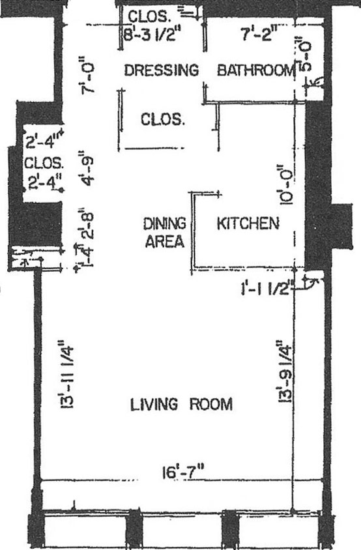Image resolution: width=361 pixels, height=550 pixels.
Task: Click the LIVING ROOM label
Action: (x=181, y=405)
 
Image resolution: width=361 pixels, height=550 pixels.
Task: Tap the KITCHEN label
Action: (x=248, y=224)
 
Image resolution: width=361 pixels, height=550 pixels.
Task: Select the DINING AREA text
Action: (x=164, y=232)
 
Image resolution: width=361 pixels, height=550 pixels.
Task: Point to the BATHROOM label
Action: (x=255, y=70)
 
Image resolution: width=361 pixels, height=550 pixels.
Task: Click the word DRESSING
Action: (x=161, y=70)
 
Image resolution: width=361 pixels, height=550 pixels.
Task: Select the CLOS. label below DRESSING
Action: (x=163, y=120)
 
